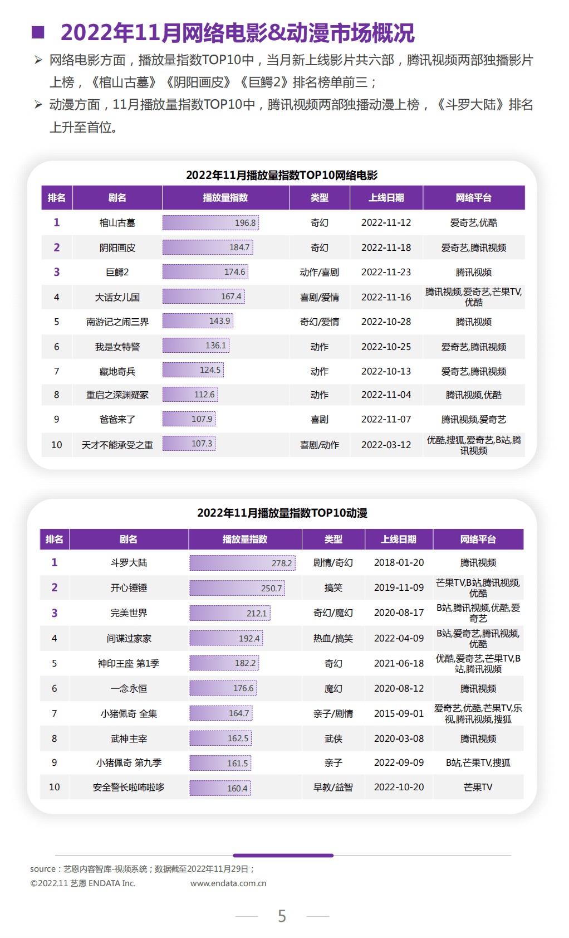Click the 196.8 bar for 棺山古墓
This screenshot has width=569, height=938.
point(210,223)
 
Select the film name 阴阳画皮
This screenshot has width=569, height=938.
point(117,247)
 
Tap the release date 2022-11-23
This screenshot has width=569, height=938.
point(386,272)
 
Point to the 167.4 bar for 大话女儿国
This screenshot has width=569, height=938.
point(204,297)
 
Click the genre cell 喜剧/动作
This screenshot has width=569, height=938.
point(319,445)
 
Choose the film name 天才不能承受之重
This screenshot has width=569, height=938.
point(117,445)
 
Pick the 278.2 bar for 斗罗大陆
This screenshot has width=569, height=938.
point(242,563)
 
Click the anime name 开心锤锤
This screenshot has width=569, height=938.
point(129,587)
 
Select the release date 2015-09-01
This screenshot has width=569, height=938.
point(399,713)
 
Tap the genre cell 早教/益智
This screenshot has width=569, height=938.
point(333,787)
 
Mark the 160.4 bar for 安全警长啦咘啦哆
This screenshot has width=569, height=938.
point(220,788)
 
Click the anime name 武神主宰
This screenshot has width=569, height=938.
point(129,738)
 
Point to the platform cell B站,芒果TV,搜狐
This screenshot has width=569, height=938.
point(478,762)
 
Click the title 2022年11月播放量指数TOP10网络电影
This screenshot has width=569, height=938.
point(282,175)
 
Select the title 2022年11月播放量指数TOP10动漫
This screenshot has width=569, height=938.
point(282,513)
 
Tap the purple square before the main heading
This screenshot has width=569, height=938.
point(38,32)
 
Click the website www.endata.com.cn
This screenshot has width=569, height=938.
point(228,883)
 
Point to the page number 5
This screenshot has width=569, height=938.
point(282,916)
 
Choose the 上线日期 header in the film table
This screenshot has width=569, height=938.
point(386,198)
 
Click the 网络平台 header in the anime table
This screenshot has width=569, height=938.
point(478,539)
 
